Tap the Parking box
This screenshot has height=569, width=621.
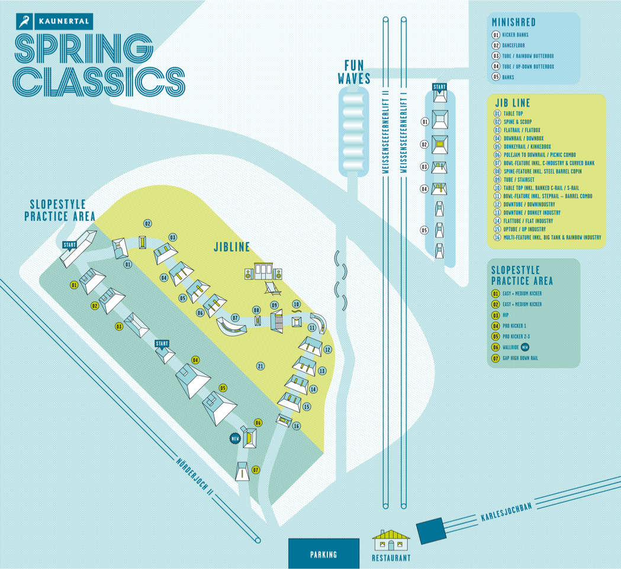point(323,554)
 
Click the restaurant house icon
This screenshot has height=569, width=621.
point(391,541)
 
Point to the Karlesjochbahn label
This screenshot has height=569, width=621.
point(503,516)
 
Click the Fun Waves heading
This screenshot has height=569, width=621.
point(354,72)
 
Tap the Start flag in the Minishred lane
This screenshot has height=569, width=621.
point(439,87)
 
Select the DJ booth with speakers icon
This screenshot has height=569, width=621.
point(263,271)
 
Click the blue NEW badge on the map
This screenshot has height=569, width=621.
point(234,438)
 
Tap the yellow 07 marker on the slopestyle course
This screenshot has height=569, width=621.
point(256,470)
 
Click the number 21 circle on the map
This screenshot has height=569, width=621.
point(260,366)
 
